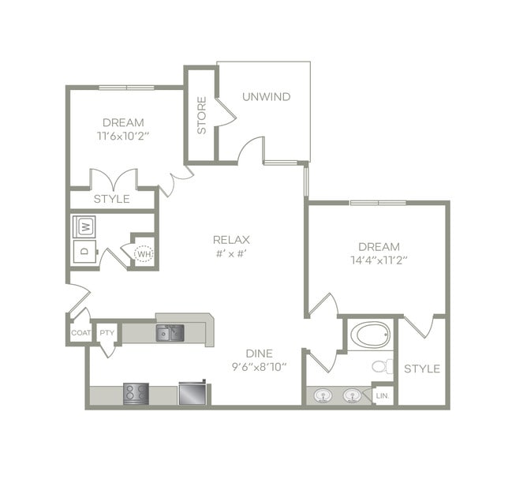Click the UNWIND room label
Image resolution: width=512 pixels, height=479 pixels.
click(266, 97)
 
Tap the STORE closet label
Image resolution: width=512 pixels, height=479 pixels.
click(201, 115)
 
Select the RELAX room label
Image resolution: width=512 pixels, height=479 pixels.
click(231, 240)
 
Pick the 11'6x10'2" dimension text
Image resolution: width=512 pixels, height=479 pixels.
click(123, 136)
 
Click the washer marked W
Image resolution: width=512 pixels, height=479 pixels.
click(84, 226)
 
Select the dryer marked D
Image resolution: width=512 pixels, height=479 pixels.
click(84, 253)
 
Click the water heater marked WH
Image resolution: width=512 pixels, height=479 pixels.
click(144, 253)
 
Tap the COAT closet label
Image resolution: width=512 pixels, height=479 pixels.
click(80, 333)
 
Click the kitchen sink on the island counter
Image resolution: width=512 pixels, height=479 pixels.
click(169, 332)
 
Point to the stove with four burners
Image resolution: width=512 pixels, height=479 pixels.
click(136, 392)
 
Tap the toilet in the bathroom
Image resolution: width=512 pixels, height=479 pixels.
click(383, 365)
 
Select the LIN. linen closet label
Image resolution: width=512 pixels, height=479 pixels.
click(383, 395)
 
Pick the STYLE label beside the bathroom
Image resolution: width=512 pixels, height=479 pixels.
click(422, 369)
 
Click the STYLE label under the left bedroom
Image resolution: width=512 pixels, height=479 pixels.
click(111, 199)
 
